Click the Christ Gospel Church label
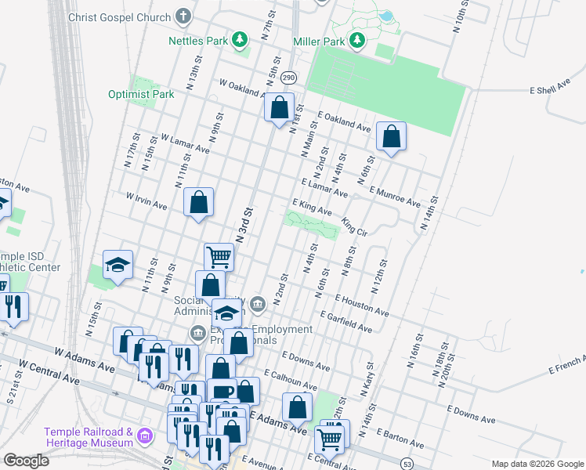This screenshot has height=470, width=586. point(119,16)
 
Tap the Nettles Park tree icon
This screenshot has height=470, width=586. point(243,39)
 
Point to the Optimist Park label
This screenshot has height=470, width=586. point(141,95)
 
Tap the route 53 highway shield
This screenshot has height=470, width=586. point(406,464)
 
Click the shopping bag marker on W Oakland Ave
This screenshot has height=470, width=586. point(280,107)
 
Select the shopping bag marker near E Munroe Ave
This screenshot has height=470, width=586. point(391,136)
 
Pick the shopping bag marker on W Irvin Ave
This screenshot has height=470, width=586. point(199,202)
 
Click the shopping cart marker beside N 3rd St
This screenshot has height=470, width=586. point(219,255)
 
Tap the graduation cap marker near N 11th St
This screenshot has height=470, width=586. point(118,264)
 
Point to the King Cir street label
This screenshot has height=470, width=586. point(355,227)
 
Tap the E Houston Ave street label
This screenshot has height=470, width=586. point(361,305)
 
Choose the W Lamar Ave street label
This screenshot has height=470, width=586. point(185,142)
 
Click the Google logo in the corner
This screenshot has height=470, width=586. point(26,460)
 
